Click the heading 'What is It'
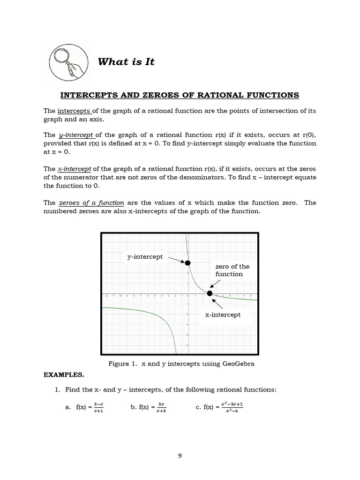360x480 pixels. click(126, 62)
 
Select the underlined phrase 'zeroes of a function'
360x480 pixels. click(91, 202)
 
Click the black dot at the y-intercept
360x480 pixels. click(187, 263)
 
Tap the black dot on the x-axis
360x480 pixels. click(210, 293)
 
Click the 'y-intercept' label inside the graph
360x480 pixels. click(145, 256)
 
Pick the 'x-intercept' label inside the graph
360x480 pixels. click(223, 315)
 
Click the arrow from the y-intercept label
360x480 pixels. click(176, 259)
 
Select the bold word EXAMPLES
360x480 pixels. click(63, 375)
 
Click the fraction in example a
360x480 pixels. click(98, 408)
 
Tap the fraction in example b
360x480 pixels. click(161, 408)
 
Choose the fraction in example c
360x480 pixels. click(232, 408)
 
